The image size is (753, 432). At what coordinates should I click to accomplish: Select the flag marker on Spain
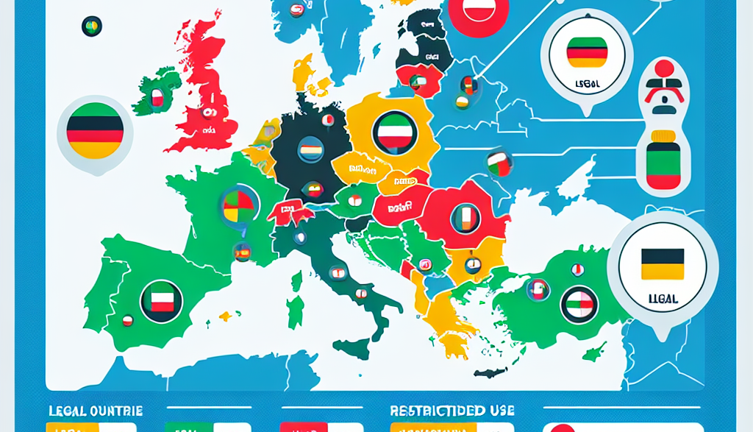coord(161,300)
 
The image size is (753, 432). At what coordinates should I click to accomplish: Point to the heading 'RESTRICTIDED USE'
coord(452,410)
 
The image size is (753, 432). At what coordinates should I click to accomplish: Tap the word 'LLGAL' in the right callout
coord(662,300)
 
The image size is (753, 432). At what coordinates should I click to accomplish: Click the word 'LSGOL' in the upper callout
coord(586,84)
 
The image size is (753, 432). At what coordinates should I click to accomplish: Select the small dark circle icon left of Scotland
coord(92,27)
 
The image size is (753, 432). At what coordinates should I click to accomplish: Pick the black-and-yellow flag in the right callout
coord(662,263)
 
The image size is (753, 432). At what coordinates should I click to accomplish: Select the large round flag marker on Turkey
coord(579,303)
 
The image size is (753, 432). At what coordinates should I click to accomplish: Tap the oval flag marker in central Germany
coord(309,152)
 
